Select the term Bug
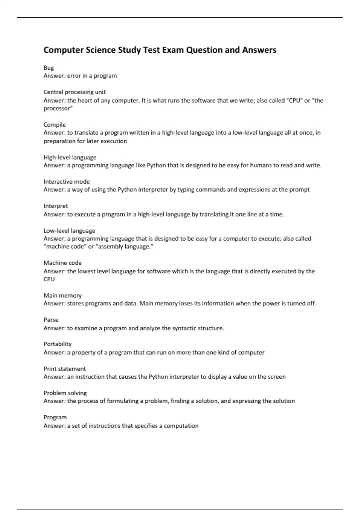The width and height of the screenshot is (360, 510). point(49,68)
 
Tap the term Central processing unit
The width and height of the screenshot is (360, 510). point(74,92)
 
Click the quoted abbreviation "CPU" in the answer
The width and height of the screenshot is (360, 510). point(294,100)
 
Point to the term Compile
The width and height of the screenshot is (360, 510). point(55,124)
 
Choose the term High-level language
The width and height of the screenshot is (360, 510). point(70,157)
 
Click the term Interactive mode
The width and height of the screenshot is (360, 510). point(67,181)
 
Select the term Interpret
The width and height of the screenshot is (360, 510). point(56,206)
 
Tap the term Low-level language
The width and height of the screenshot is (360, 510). point(69,231)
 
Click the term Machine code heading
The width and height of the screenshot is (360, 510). point(62,263)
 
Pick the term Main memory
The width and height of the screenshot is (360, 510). point(62,295)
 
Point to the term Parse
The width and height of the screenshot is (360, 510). point(51,320)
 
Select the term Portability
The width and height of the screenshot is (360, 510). point(58,344)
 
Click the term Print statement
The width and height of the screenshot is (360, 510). point(64,369)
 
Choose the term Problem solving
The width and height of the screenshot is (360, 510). point(65,393)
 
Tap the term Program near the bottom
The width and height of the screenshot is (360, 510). point(55,417)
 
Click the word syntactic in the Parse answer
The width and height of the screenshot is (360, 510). point(184,328)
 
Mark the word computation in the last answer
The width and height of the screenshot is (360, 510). point(181,426)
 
